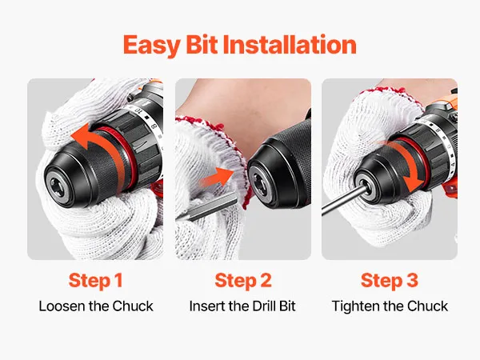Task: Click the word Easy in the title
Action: pos(151,46)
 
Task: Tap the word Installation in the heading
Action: pos(290,45)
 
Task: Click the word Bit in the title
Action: pos(201,45)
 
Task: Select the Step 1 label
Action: pos(96,281)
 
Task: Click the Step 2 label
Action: pos(243,281)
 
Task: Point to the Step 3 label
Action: pos(390,281)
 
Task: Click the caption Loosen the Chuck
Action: pos(96,306)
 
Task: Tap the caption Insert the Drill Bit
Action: pos(242,306)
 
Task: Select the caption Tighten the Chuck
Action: pos(390,306)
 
